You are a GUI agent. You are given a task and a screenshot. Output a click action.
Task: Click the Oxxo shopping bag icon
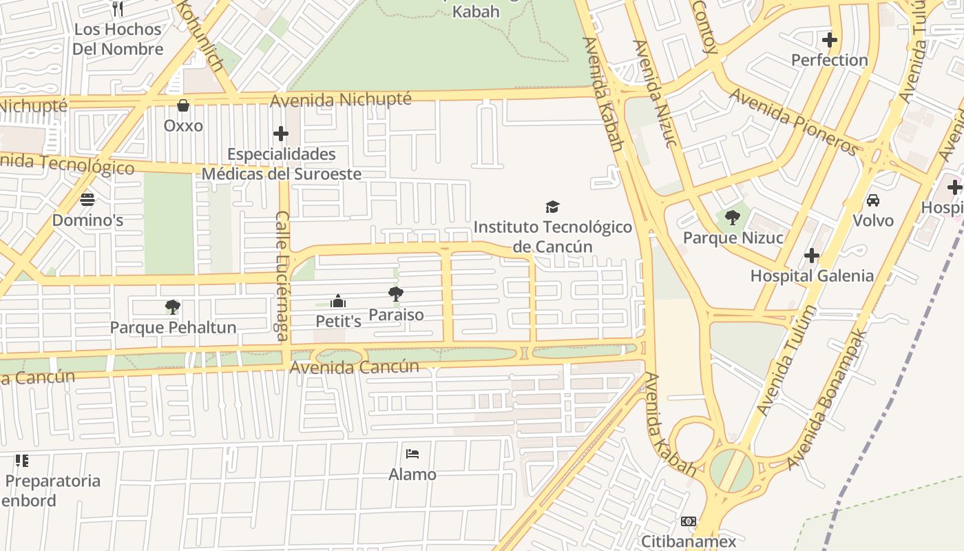(183, 105)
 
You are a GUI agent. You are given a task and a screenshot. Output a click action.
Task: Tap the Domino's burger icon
(87, 200)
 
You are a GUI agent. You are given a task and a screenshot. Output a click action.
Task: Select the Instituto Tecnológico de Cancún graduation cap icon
(552, 207)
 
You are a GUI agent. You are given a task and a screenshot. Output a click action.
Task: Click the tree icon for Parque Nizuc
(733, 218)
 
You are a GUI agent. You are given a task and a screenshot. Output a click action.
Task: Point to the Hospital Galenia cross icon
(812, 256)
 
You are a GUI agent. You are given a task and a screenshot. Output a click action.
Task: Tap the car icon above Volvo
(873, 200)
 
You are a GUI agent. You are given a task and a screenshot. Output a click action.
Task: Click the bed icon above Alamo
(412, 454)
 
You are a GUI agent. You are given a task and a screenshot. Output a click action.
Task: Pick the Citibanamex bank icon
(689, 521)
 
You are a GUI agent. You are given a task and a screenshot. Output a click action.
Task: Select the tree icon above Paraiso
(396, 294)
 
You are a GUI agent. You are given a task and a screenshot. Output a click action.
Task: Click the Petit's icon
(338, 301)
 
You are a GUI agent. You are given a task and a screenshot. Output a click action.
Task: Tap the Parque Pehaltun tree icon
(173, 306)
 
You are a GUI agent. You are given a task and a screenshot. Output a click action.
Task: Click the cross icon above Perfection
(830, 40)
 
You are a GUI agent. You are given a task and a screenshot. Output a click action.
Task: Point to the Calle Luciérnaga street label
(282, 275)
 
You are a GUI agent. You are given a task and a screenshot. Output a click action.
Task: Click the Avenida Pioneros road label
(793, 121)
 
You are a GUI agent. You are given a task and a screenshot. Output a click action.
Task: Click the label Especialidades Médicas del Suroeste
(281, 164)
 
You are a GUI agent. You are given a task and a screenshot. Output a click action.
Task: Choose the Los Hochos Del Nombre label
(118, 39)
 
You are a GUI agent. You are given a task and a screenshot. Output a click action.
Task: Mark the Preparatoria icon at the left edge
(22, 461)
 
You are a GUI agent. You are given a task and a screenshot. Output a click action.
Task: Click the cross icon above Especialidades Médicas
(281, 134)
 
